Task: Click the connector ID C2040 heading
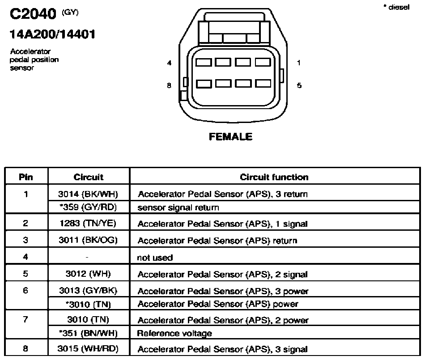[33, 14]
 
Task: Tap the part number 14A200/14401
[52, 34]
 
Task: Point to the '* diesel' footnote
[396, 7]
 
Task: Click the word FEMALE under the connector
[231, 136]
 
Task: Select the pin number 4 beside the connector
[170, 63]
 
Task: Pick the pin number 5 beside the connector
[299, 85]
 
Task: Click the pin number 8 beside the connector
[169, 85]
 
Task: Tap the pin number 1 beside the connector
[299, 63]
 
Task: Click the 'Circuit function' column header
[274, 177]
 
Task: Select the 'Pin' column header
[26, 177]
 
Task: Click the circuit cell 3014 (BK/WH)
[88, 194]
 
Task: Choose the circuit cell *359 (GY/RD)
[88, 207]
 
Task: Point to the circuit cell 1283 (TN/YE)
[88, 223]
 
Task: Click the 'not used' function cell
[155, 257]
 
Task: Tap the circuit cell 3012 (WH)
[88, 274]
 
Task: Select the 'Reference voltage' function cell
[174, 334]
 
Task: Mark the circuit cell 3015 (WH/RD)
[88, 348]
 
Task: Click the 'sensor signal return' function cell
[178, 208]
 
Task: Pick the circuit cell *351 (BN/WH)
[89, 333]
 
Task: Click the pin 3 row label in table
[25, 240]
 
